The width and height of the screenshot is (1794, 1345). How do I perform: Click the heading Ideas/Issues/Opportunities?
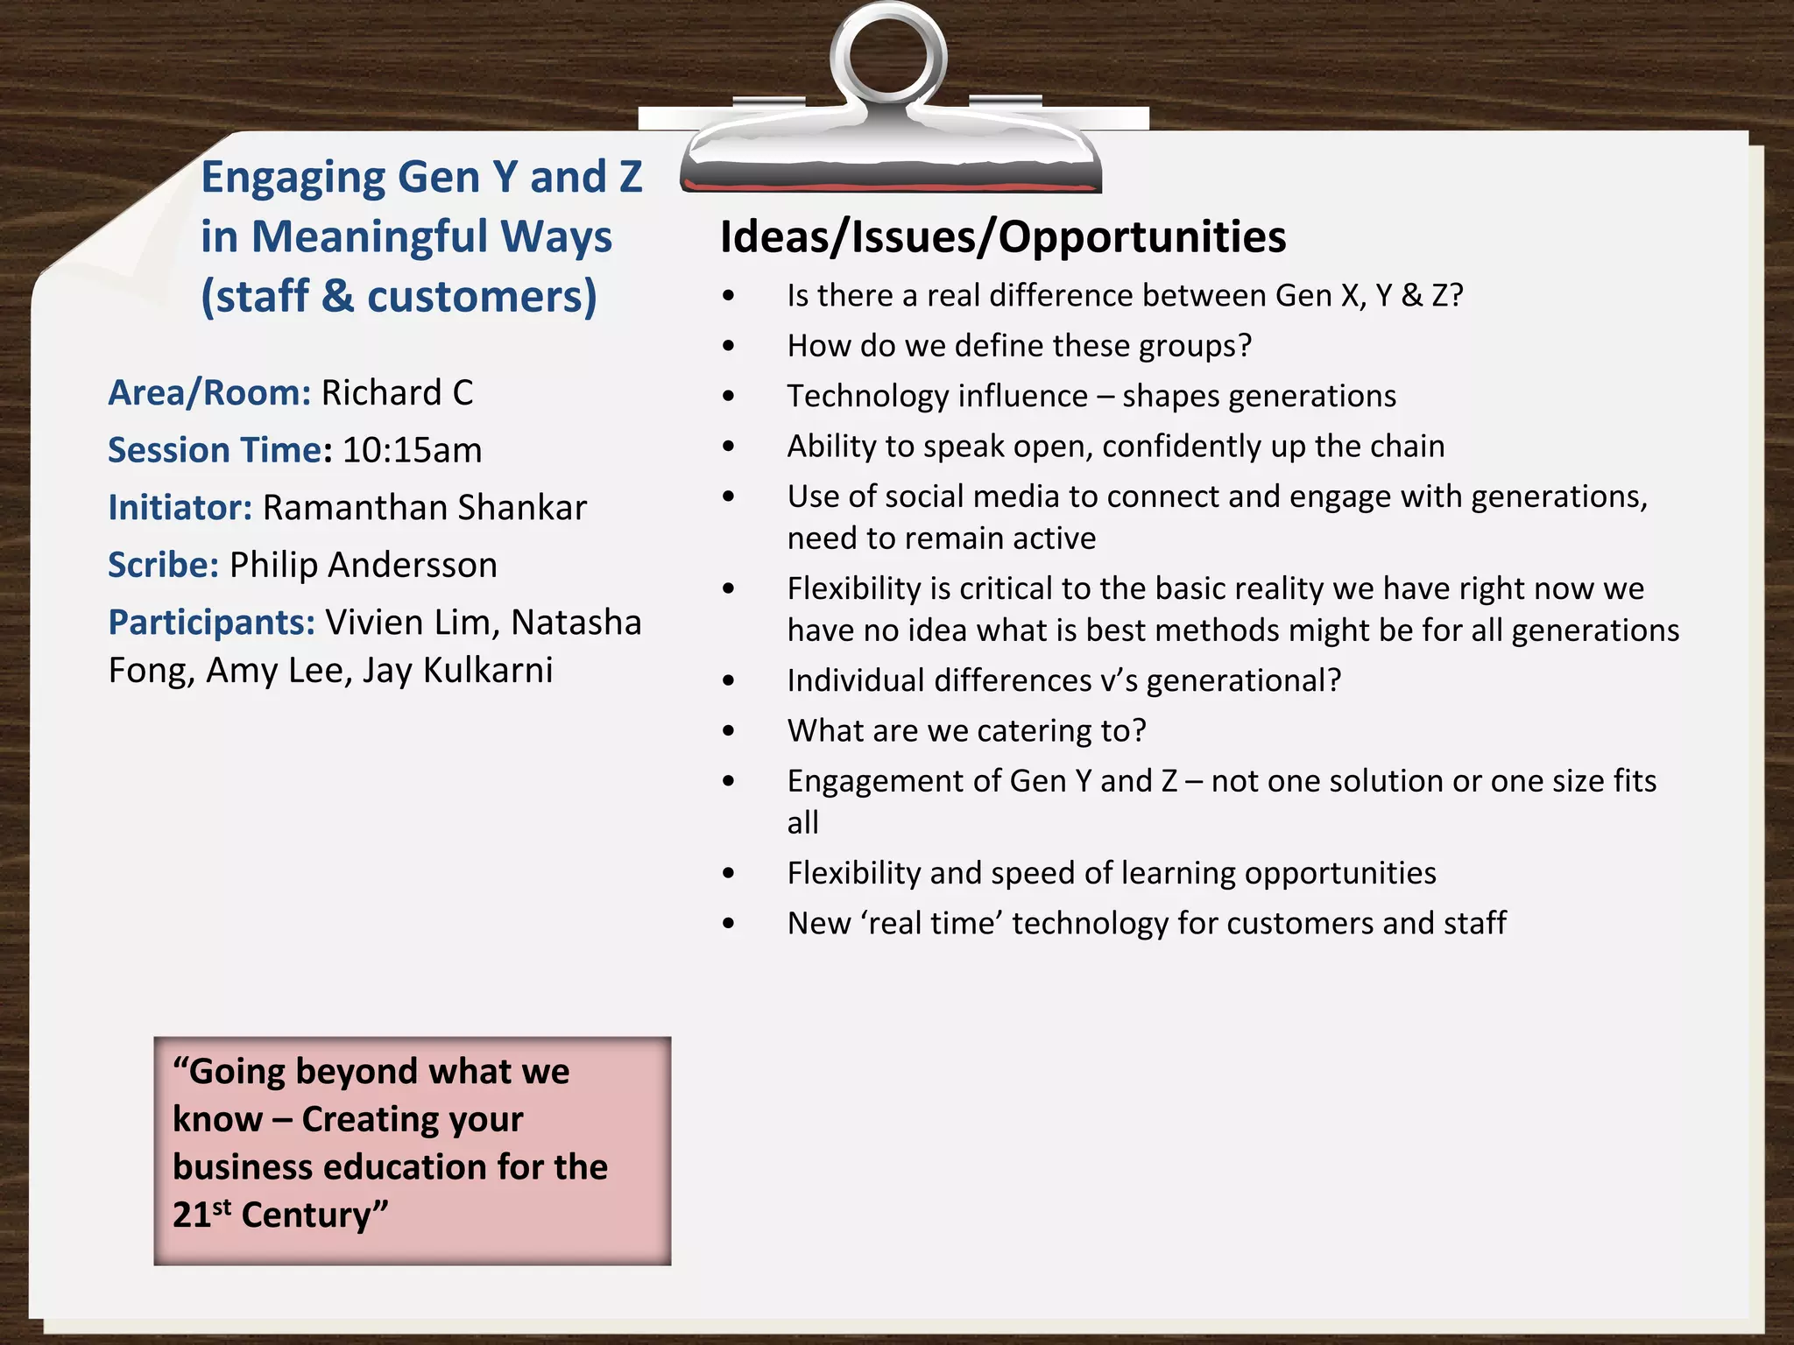[x=1002, y=236]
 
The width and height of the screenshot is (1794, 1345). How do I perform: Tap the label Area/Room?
[x=209, y=392]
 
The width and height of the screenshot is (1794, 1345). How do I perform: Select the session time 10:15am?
[x=412, y=450]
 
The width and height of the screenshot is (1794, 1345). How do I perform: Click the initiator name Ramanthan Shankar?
[x=424, y=508]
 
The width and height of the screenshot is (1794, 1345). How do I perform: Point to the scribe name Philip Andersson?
[x=363, y=565]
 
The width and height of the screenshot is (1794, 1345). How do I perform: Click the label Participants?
[x=211, y=623]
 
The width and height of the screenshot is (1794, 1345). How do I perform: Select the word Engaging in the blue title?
[x=293, y=178]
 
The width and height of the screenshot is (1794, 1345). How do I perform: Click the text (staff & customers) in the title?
[x=399, y=296]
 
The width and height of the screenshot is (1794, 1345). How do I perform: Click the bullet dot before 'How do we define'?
[x=729, y=346]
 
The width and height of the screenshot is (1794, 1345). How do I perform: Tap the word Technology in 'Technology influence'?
[x=862, y=396]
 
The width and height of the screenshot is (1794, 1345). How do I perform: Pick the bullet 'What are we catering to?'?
[x=965, y=730]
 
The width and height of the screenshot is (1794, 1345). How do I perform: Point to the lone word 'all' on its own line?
[x=802, y=823]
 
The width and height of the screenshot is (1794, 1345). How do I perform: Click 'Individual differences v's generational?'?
[x=1063, y=680]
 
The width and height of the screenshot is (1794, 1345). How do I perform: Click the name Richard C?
[x=397, y=392]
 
